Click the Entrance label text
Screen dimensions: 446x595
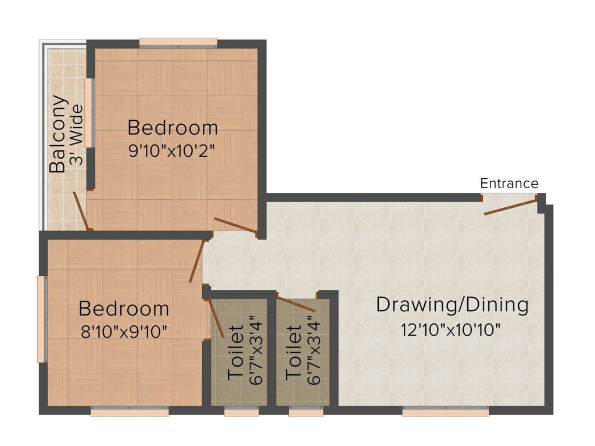point(509,184)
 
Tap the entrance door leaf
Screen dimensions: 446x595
point(510,207)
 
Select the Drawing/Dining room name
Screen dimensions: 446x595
point(452,305)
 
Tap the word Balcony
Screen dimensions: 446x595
point(58,134)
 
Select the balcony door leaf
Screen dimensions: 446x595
point(81,211)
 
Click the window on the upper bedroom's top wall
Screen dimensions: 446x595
point(178,42)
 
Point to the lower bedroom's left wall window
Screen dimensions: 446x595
point(41,318)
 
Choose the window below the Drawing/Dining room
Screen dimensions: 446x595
point(446,412)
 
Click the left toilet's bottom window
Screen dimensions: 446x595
point(241,412)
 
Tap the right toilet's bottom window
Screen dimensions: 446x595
point(306,412)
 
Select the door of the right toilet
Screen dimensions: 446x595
point(296,304)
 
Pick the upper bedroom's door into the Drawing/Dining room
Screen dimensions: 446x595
point(235,226)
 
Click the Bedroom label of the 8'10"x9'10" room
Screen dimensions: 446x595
point(124,308)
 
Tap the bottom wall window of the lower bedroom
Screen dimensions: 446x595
point(130,412)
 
